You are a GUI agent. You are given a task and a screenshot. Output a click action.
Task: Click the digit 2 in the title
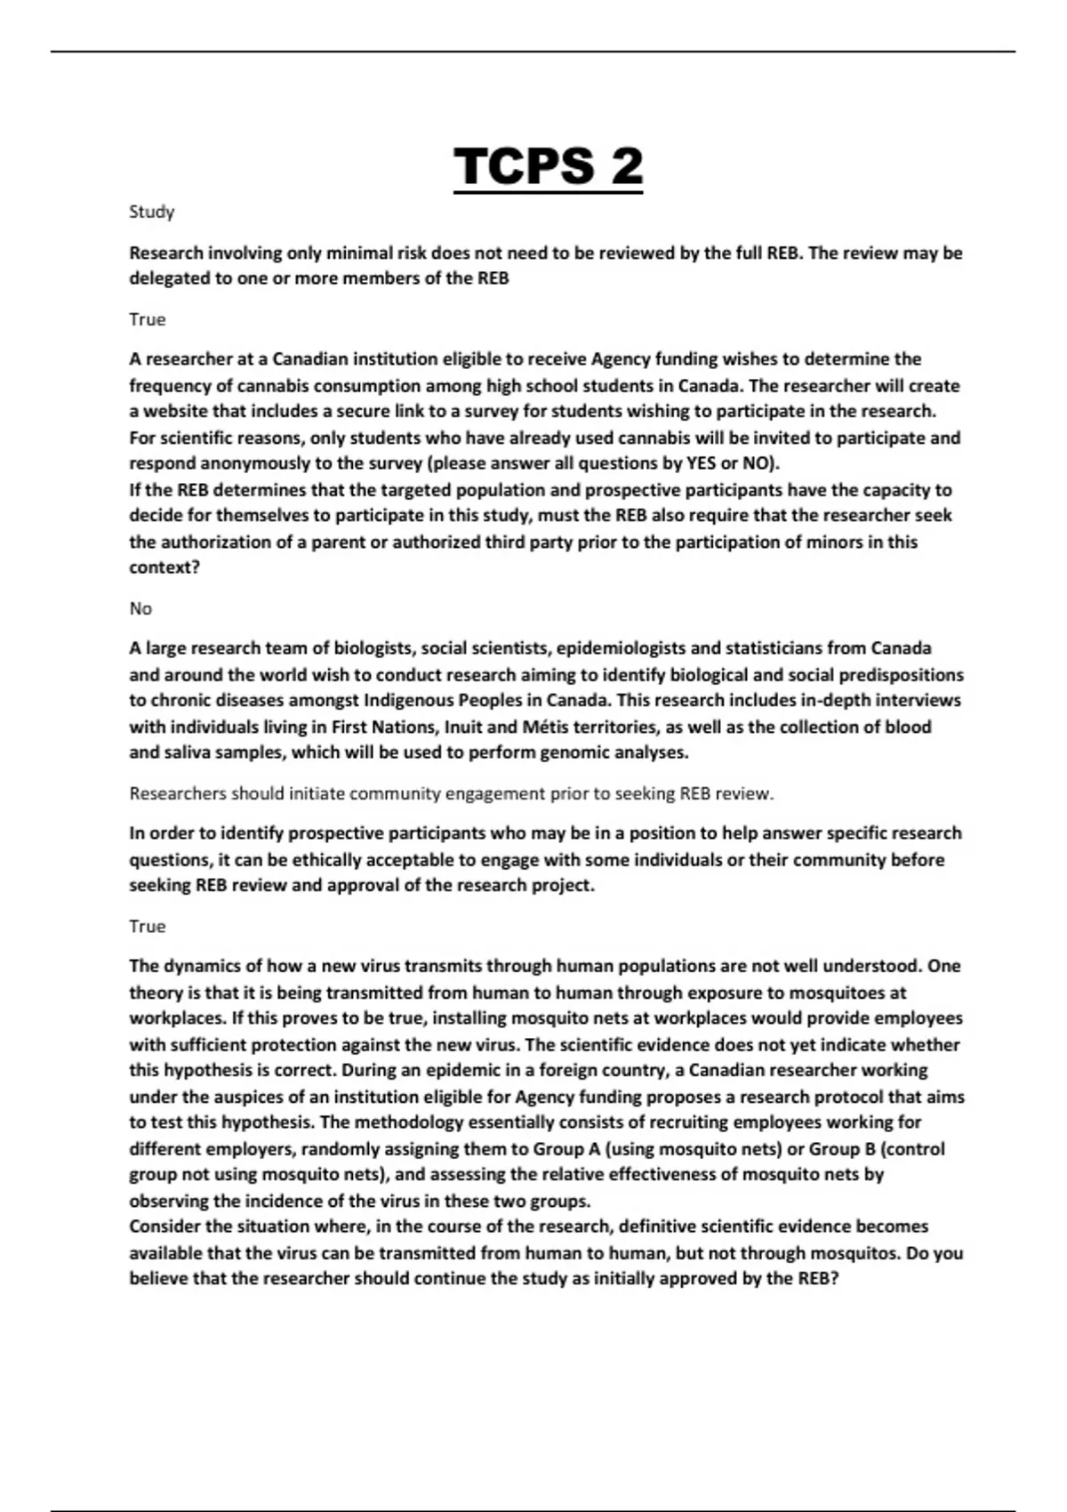(x=622, y=166)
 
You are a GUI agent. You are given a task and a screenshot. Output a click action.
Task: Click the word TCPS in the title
(x=524, y=166)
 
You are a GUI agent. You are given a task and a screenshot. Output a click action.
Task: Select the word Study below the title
(x=151, y=212)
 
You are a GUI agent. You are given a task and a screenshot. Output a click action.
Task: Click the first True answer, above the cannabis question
(x=147, y=319)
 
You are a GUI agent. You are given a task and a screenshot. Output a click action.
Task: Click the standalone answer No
(x=140, y=608)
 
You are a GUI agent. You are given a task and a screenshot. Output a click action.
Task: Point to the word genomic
(x=561, y=752)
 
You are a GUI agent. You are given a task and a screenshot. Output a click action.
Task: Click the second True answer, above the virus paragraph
(x=147, y=926)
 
